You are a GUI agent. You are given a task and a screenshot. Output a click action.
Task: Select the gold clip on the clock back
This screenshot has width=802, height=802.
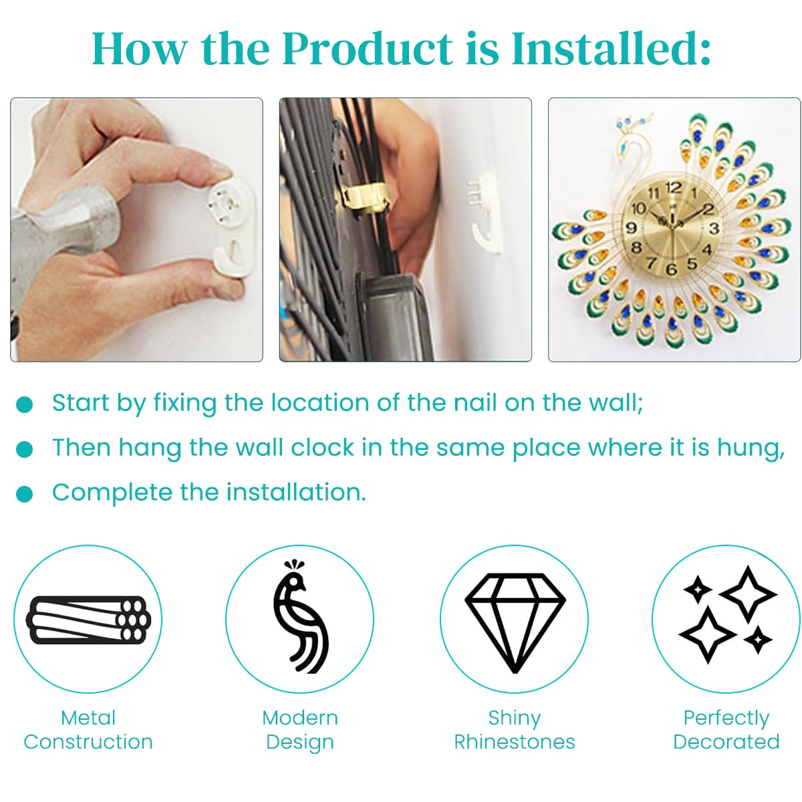coord(365,198)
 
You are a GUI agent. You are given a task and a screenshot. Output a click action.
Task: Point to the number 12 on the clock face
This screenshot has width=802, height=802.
coord(673,188)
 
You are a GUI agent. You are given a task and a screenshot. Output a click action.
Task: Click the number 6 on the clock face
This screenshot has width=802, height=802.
coord(671,269)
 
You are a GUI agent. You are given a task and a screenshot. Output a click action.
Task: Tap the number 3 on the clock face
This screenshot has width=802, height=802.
coord(714,228)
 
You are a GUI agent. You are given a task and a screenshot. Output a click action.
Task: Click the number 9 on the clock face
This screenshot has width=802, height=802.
coord(632,228)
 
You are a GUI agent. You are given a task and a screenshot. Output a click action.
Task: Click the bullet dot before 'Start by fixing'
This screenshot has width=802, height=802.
coord(24,404)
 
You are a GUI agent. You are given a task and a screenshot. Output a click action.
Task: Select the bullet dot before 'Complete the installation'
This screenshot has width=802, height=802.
coord(24,494)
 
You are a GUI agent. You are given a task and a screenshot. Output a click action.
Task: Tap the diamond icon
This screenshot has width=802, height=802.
coord(515,623)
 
